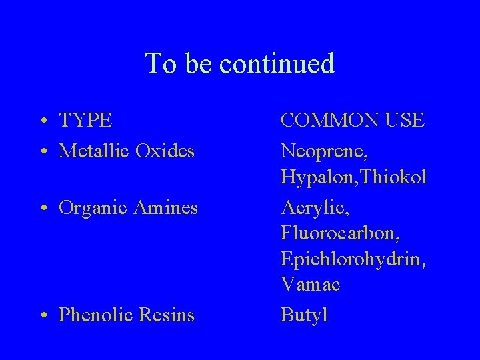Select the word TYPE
[x=85, y=121]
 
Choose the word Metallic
[x=94, y=151]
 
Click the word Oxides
[x=165, y=151]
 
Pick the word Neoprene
[x=323, y=151]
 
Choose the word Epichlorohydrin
[x=354, y=260]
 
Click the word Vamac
[x=311, y=285]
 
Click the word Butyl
[x=304, y=314]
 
